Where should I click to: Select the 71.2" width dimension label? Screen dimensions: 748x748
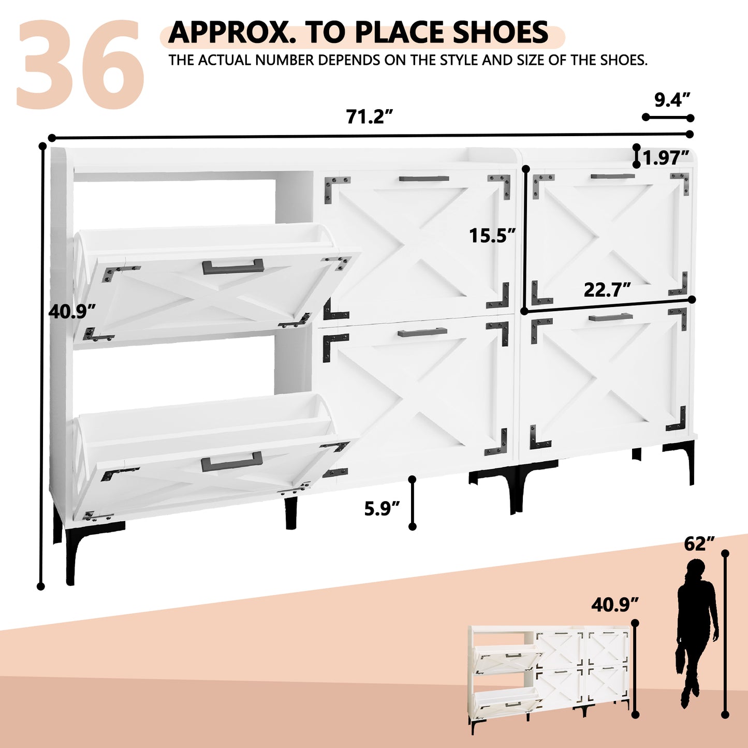point(370,116)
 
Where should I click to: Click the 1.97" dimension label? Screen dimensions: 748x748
point(666,157)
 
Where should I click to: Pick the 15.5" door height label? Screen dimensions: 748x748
point(492,235)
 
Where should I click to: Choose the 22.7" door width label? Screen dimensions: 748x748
point(607,289)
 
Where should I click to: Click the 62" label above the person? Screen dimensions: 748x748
point(699,544)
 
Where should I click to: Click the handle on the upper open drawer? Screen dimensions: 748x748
point(233,267)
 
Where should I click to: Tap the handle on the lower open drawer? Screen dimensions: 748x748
point(231,461)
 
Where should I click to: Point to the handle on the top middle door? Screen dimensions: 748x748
point(424,179)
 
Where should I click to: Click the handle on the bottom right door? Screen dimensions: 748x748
point(611,317)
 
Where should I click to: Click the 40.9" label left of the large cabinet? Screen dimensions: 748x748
point(72,311)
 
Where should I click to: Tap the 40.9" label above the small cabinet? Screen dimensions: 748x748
point(615,605)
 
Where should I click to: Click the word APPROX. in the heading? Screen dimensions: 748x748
point(231,32)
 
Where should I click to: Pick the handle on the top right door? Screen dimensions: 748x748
point(612,176)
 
